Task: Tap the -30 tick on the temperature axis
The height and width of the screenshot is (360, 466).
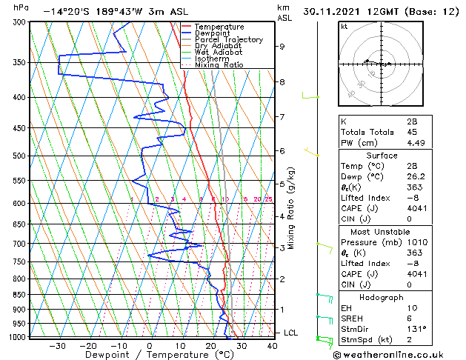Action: pos(56,345)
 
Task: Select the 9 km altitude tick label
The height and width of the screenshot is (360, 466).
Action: pos(282,47)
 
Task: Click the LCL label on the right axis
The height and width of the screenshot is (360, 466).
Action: pos(290,333)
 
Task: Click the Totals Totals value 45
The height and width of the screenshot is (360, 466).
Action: pos(411,133)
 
